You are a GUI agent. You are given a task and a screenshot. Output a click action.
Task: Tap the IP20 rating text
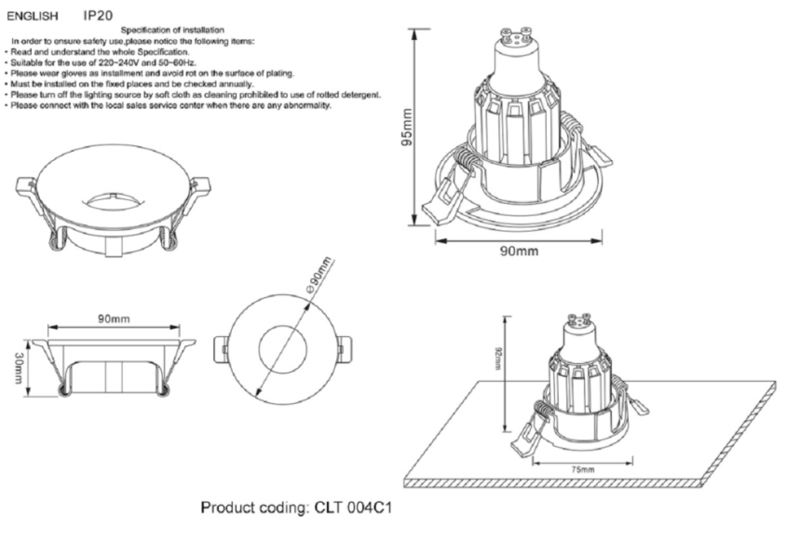tap(98, 17)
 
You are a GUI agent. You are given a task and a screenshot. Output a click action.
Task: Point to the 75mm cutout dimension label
tap(580, 469)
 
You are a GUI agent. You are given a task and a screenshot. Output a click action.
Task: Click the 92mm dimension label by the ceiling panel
tap(499, 358)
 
